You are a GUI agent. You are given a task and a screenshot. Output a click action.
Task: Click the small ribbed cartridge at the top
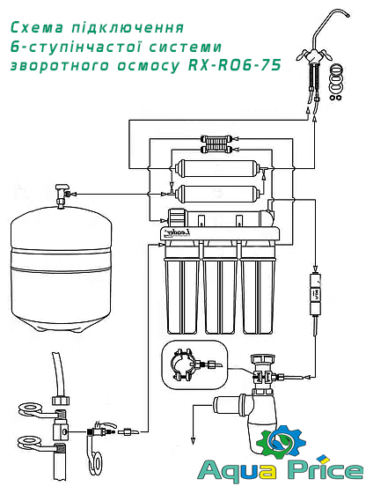215,140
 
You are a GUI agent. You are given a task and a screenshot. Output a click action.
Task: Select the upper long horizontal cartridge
216,166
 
